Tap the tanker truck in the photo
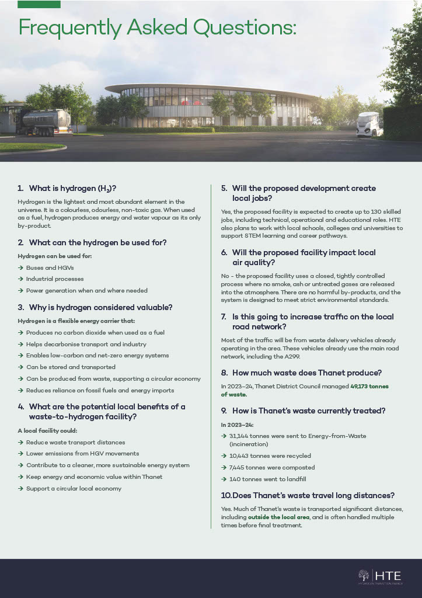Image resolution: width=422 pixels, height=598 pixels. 47,121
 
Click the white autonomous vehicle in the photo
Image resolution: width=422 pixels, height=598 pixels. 368,124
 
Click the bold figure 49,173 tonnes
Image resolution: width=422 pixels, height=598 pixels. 370,386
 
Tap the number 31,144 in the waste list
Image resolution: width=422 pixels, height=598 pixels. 240,436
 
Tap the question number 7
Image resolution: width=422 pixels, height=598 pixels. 224,317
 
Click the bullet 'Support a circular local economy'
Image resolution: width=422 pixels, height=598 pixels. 74,488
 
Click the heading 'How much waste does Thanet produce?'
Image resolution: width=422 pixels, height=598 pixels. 299,372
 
